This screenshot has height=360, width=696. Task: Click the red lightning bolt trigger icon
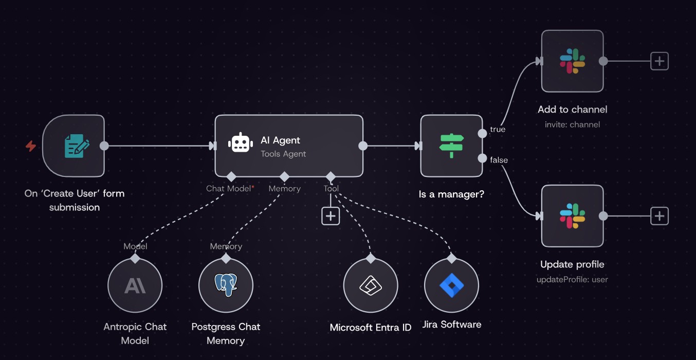click(31, 146)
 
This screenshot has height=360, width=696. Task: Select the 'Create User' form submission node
click(74, 146)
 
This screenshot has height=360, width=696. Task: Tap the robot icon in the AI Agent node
click(240, 143)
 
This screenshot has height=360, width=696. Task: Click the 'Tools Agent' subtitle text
click(283, 154)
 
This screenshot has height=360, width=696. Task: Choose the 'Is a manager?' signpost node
click(451, 146)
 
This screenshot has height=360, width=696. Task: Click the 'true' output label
click(498, 130)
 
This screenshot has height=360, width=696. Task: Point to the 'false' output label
click(499, 160)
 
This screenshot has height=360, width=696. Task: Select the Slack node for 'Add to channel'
click(572, 61)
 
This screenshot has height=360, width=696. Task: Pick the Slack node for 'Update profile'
click(572, 216)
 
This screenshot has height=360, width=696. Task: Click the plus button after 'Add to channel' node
click(659, 61)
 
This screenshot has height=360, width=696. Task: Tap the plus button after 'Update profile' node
click(659, 216)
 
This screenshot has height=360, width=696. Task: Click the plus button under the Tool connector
click(331, 216)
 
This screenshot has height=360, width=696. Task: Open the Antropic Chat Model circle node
click(135, 285)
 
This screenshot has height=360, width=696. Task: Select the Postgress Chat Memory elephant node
click(226, 285)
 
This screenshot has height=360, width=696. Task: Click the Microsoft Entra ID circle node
click(370, 285)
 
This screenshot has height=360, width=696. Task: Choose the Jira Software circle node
click(451, 285)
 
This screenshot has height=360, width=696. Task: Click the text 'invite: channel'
click(572, 124)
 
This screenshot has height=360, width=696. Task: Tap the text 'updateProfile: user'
click(572, 280)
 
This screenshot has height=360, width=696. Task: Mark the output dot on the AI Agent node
click(363, 146)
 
